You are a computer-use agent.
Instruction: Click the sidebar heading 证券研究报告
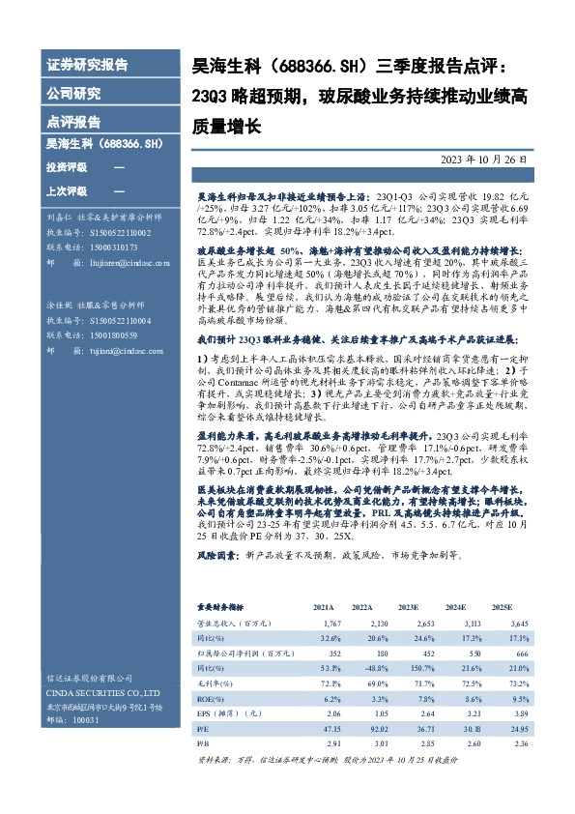tap(87, 65)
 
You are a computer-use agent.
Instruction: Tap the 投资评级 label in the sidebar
tap(66, 166)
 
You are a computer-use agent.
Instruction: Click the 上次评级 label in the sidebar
tap(66, 190)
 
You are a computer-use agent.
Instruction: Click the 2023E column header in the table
tap(409, 606)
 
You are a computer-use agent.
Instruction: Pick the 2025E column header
tap(502, 606)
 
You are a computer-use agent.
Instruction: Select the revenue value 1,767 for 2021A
tap(321, 625)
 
